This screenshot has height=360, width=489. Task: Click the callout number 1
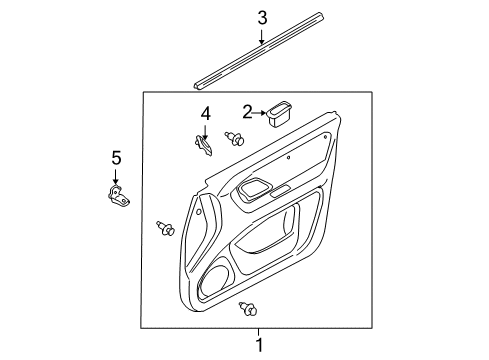coord(259,345)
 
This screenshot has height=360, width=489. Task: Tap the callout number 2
coord(247,112)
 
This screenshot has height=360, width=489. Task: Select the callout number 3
coord(262,18)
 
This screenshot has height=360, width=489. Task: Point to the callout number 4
coord(206,114)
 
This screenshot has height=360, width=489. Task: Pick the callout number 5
coord(116,158)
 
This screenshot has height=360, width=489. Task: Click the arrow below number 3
coord(262,37)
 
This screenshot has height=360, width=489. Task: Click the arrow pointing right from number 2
coord(259,113)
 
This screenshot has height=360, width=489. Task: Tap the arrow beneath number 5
coord(116,176)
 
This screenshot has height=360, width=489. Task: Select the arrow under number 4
coord(205,132)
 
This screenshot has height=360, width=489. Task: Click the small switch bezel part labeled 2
coord(279,114)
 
